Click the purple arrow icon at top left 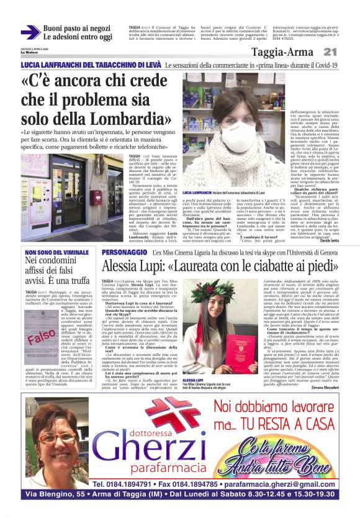(30, 32)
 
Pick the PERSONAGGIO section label (124, 253)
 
